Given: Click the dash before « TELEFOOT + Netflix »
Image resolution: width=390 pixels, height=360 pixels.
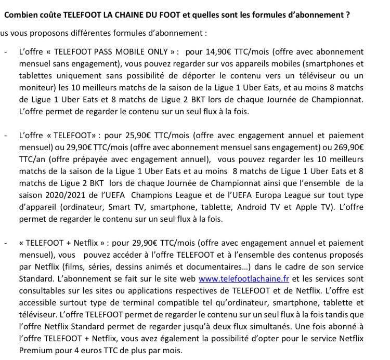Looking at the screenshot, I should click(5, 243).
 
